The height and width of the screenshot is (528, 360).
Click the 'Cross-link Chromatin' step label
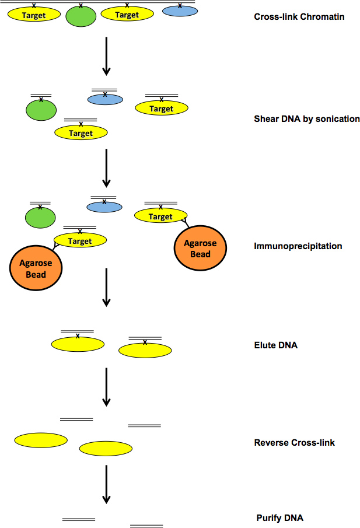tap(299, 17)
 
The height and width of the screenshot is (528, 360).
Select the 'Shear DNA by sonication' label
tap(307, 119)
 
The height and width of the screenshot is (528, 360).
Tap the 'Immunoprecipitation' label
tap(298, 246)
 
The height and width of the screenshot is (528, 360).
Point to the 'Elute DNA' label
tap(275, 345)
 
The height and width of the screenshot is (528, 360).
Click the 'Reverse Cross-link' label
tap(294, 443)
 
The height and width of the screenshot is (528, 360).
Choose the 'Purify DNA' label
tap(279, 518)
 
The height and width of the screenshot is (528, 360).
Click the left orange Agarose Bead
tap(36, 268)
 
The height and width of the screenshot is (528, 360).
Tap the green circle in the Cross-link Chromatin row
tap(81, 16)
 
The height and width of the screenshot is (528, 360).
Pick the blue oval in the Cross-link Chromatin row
tap(180, 11)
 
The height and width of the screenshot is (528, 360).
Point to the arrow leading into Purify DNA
tap(106, 484)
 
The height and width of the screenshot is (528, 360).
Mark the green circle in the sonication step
tap(41, 110)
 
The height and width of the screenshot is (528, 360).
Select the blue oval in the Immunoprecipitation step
tap(104, 207)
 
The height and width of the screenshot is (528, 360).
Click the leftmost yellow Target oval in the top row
tap(34, 15)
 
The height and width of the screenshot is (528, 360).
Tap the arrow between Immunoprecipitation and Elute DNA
tap(106, 287)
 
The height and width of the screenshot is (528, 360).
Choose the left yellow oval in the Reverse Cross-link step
tap(41, 440)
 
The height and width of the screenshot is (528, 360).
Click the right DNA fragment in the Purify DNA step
tap(146, 526)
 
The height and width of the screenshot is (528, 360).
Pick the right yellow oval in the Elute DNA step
tap(145, 350)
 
